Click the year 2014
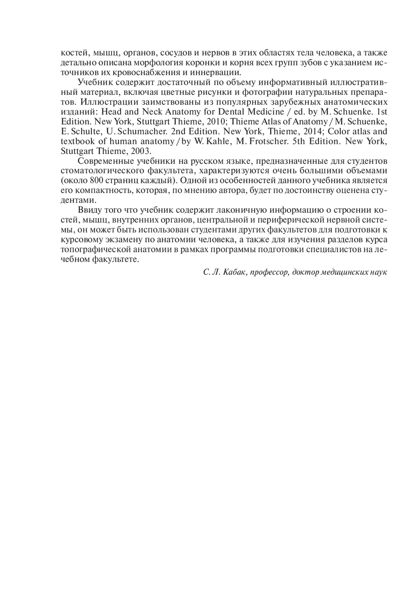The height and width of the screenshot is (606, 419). pyautogui.click(x=310, y=131)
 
